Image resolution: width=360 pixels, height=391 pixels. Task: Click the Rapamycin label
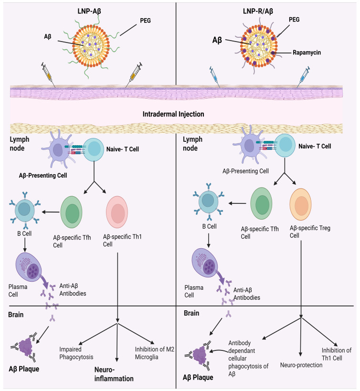click(307, 53)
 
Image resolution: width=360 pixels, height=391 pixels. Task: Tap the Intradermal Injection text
click(173, 114)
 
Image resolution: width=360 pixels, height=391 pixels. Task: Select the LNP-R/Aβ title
click(258, 11)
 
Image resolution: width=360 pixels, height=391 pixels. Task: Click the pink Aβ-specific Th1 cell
click(117, 212)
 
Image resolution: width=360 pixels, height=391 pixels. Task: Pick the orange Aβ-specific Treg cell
click(301, 204)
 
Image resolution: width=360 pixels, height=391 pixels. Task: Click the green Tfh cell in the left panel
click(71, 212)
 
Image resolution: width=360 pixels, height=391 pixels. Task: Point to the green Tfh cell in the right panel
click(261, 203)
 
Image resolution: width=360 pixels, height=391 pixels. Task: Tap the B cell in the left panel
click(24, 210)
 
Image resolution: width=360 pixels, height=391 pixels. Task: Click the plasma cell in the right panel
click(204, 263)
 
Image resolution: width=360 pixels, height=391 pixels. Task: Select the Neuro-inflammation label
click(114, 374)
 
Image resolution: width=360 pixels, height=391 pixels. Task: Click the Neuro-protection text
click(301, 365)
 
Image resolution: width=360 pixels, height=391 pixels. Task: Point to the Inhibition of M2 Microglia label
click(155, 353)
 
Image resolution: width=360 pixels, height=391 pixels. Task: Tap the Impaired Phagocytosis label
click(76, 353)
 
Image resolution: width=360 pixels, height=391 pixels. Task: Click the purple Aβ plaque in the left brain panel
click(25, 347)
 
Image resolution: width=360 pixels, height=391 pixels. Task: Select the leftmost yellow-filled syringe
click(48, 74)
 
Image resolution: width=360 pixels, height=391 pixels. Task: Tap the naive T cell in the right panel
click(285, 146)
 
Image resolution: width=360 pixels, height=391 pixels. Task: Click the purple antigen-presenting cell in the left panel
click(57, 149)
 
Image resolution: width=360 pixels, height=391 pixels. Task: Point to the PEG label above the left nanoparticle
click(145, 21)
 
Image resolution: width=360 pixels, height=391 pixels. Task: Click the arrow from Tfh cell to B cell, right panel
click(238, 203)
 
